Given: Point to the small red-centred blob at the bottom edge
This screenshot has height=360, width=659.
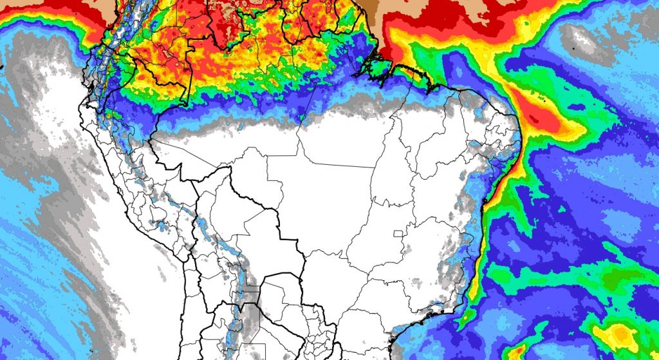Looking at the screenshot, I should click(x=515, y=352).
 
